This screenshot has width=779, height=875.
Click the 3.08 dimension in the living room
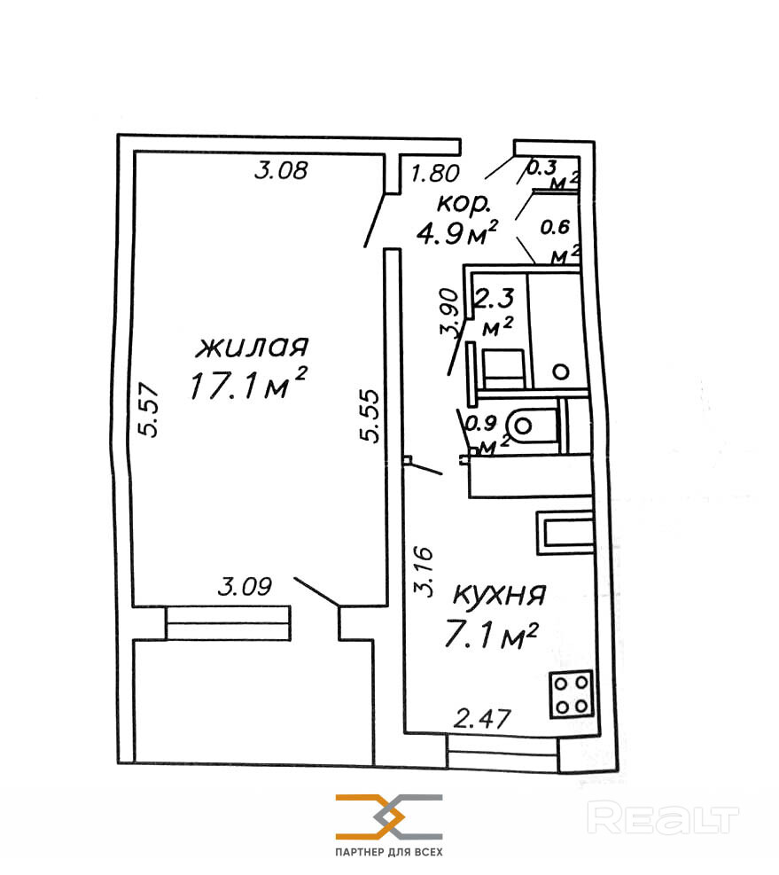pyautogui.click(x=281, y=169)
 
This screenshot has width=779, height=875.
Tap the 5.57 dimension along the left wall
pyautogui.click(x=150, y=409)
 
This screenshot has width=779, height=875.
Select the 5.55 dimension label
pyautogui.click(x=370, y=416)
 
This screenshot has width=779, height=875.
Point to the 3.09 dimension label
pyautogui.click(x=245, y=587)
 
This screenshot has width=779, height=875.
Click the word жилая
pyautogui.click(x=252, y=347)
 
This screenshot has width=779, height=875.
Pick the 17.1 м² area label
pyautogui.click(x=248, y=383)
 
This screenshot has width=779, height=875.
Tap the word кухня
pyautogui.click(x=499, y=594)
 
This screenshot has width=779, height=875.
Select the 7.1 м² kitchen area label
pyautogui.click(x=491, y=635)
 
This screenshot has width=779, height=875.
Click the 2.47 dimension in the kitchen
pyautogui.click(x=482, y=718)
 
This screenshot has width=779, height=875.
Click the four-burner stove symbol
pyautogui.click(x=572, y=694)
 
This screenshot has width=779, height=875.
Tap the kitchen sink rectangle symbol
pyautogui.click(x=565, y=533)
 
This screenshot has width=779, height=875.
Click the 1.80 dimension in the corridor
pyautogui.click(x=435, y=174)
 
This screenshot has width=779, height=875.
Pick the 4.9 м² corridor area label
pyautogui.click(x=457, y=232)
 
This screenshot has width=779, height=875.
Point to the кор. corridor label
pyautogui.click(x=464, y=204)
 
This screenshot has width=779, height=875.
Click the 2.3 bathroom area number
pyautogui.click(x=494, y=298)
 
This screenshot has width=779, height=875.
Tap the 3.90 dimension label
pyautogui.click(x=449, y=312)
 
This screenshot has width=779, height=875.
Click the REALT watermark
pyautogui.click(x=663, y=817)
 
